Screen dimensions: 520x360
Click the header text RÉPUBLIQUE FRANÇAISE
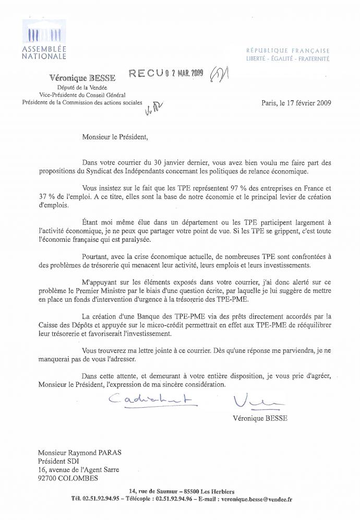[288, 51]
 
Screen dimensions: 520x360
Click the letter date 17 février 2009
[303, 103]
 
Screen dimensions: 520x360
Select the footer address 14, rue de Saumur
[157, 489]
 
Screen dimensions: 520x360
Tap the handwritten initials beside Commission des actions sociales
[154, 107]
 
